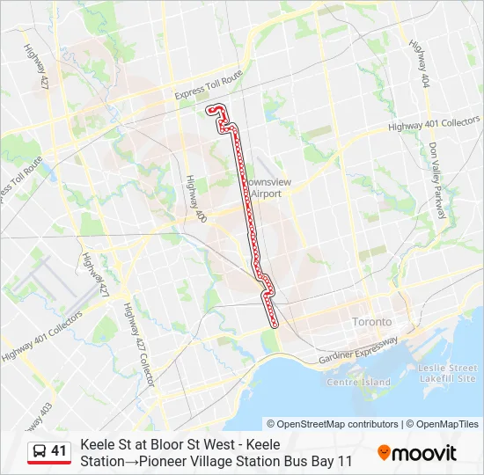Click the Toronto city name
tap(372, 322)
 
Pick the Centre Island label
tap(358, 383)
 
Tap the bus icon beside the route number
tap(40, 451)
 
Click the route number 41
tap(59, 451)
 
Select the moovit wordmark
tap(425, 454)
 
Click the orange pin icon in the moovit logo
tap(384, 453)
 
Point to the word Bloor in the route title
tap(151, 445)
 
